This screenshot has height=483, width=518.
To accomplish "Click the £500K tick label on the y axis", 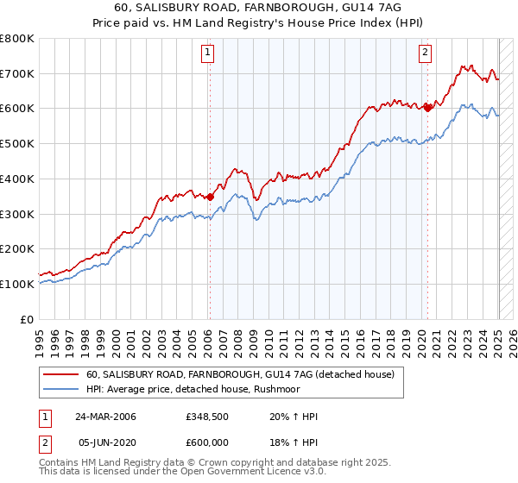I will [x=17, y=143].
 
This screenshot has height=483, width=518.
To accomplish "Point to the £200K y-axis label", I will [x=17, y=248].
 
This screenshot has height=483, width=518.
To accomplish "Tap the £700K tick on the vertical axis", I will [x=17, y=73].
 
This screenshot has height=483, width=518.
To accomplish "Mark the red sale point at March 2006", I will [x=210, y=197].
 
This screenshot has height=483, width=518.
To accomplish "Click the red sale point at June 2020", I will [x=426, y=108].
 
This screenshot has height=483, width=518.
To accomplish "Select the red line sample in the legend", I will [x=61, y=375].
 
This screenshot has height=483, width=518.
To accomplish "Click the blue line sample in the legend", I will [x=61, y=390].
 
